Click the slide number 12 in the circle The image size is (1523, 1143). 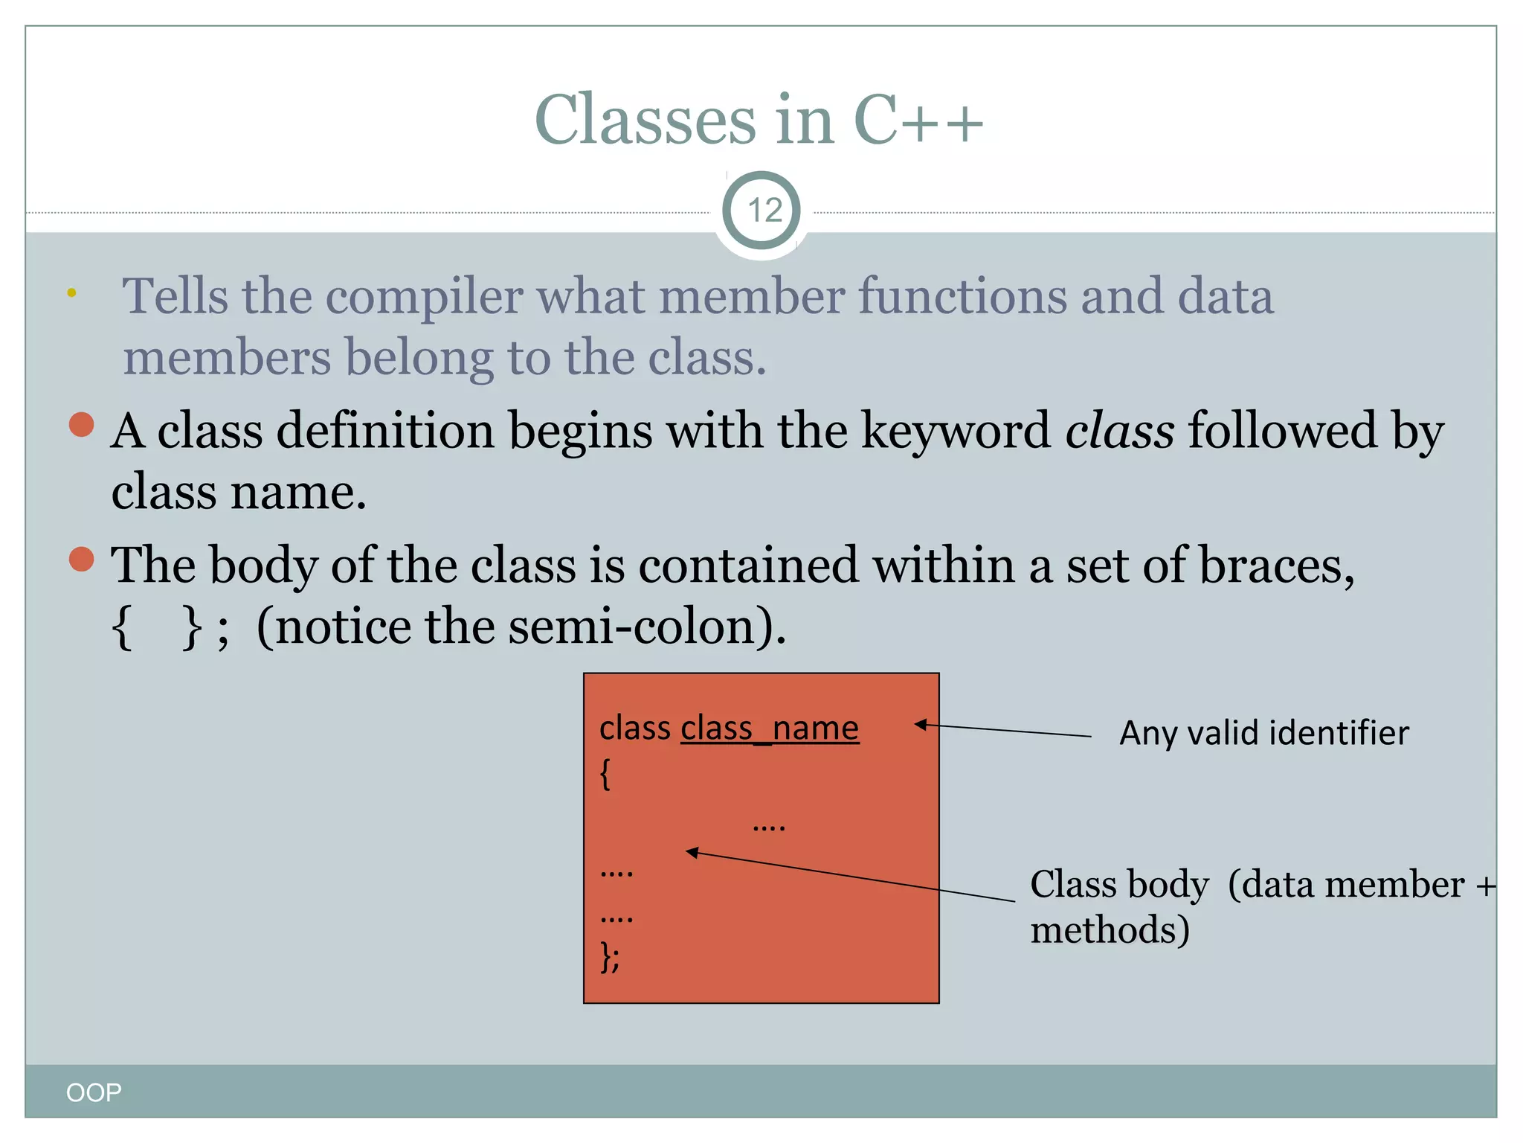pos(763,211)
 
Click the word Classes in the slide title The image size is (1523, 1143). pos(644,121)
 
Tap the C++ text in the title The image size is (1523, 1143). pos(918,121)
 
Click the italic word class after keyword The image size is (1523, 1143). pos(1119,431)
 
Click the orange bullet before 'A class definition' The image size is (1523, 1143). pos(81,425)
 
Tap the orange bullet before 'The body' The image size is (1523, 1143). pos(81,559)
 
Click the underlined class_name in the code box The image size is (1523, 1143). pos(770,728)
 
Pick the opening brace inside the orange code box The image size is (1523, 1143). pos(605,774)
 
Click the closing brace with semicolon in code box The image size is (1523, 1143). pos(609,957)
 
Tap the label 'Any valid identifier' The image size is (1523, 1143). pos(1263,733)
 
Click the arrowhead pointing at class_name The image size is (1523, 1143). pos(921,724)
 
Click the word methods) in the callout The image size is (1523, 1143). pos(1110,930)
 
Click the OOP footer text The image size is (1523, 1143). pos(94,1092)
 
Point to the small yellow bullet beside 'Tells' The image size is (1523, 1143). pos(71,292)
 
